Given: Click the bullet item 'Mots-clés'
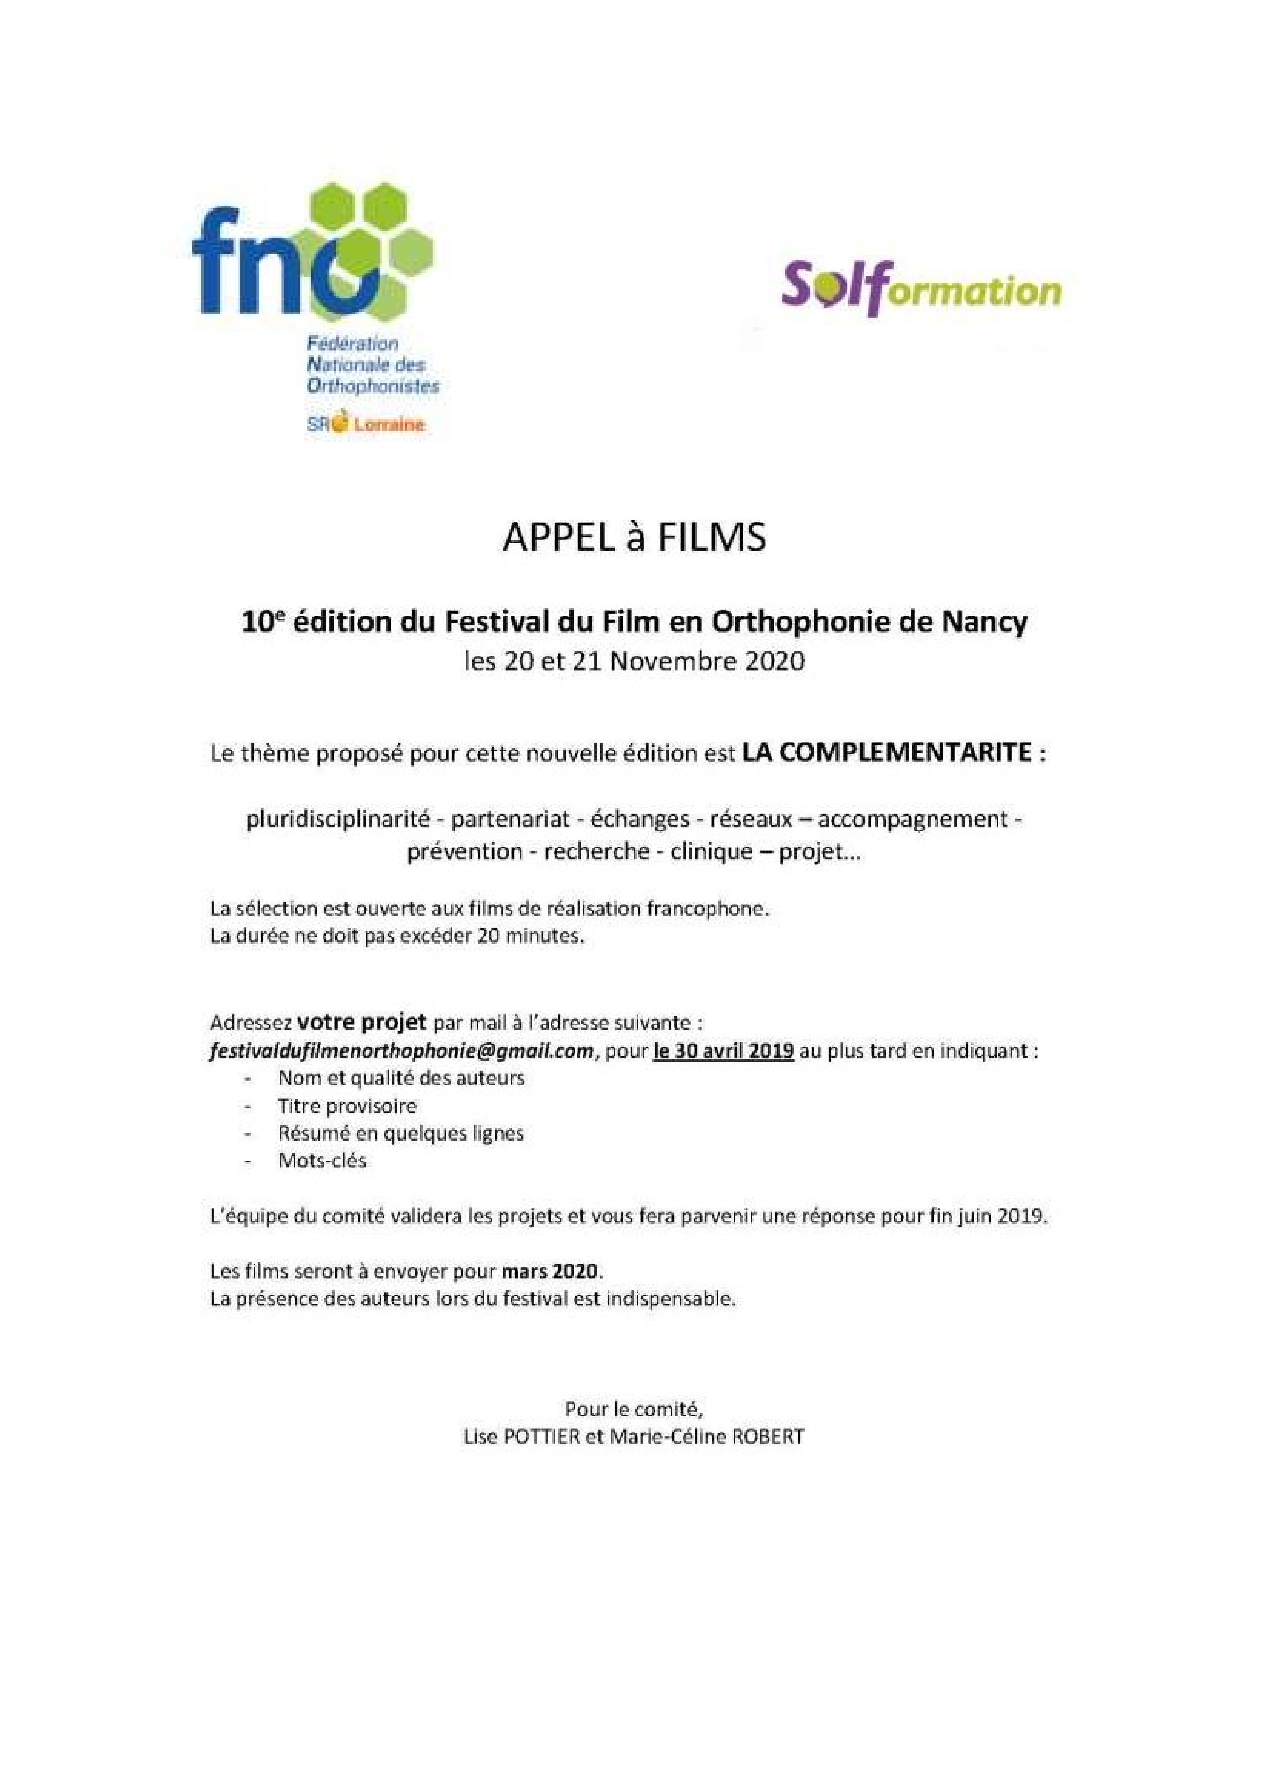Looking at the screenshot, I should click(x=322, y=1161).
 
